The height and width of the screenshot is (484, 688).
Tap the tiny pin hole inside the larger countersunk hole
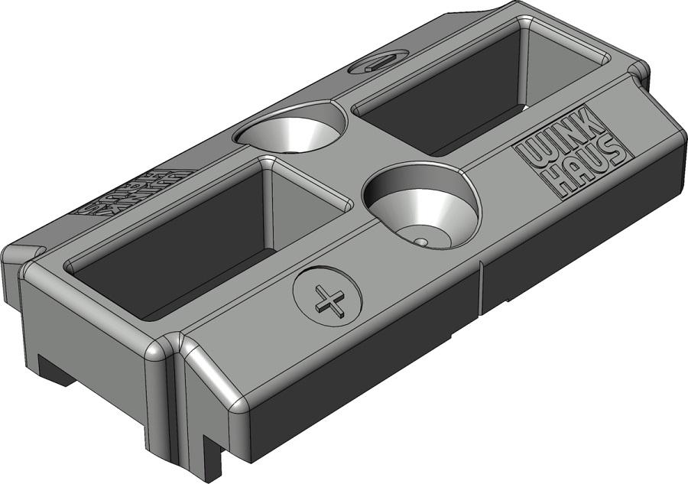click(x=421, y=241)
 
